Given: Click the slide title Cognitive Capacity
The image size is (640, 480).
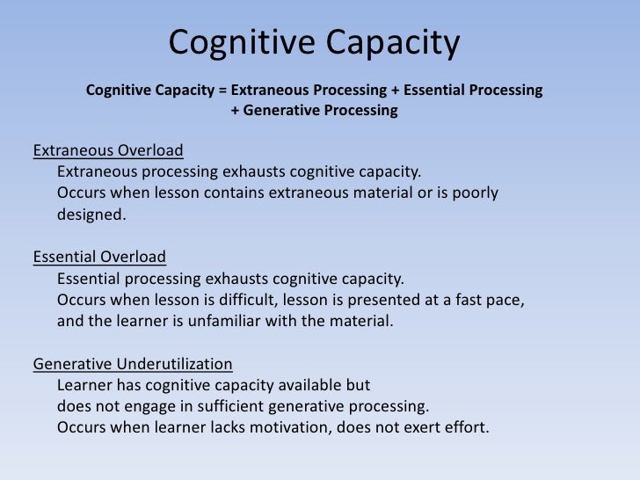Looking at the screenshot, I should click(x=313, y=42).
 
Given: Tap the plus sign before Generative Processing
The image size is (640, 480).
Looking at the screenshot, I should click(x=235, y=112).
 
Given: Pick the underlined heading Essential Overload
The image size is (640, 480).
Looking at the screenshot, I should click(x=98, y=258).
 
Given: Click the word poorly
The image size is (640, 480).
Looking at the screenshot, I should click(x=475, y=192).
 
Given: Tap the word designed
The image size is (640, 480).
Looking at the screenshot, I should click(x=91, y=214).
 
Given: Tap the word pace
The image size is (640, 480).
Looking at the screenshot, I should click(x=505, y=301).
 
